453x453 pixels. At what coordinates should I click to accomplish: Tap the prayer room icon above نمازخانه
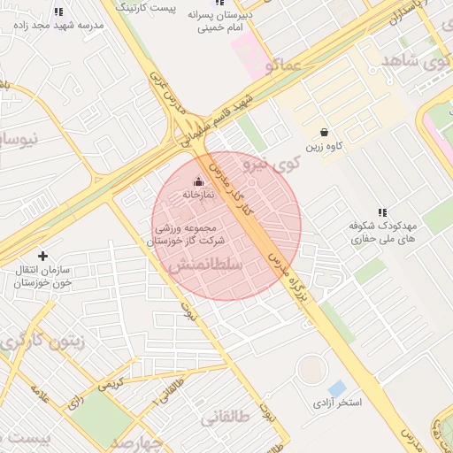point(198,180)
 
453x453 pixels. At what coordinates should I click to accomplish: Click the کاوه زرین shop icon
point(325,132)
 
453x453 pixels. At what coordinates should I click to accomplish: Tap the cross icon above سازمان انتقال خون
point(42,256)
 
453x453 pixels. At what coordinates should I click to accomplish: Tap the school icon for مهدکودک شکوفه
point(382,212)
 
